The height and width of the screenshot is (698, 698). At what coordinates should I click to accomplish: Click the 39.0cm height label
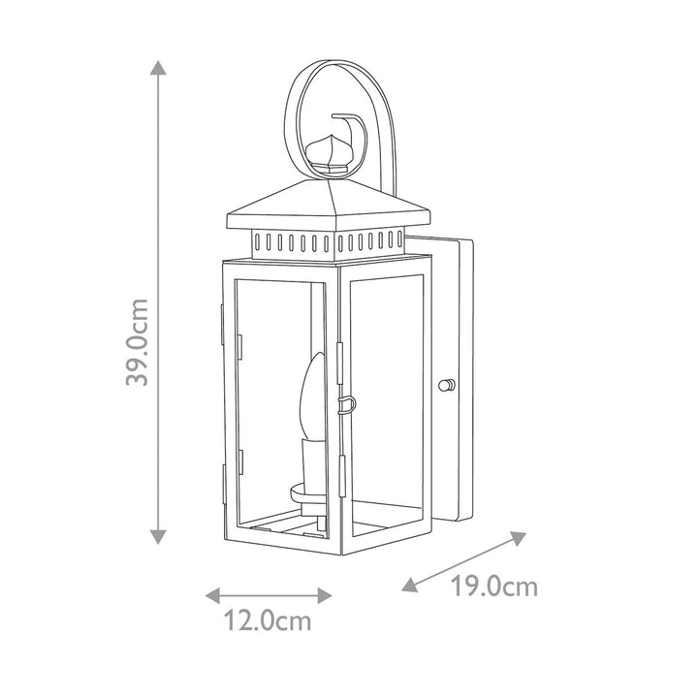click(137, 342)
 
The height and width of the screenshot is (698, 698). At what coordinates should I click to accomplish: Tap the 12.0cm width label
click(268, 620)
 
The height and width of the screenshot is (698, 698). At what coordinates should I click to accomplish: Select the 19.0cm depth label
click(494, 586)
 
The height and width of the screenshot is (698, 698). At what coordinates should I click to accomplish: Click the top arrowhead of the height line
click(158, 67)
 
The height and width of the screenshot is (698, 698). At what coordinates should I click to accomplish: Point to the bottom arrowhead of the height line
click(158, 536)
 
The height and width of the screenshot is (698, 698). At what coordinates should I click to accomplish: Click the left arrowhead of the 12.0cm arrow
click(212, 595)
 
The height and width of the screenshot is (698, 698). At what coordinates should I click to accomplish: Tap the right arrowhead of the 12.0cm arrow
click(325, 595)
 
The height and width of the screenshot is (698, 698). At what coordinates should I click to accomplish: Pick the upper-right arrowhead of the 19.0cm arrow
click(518, 538)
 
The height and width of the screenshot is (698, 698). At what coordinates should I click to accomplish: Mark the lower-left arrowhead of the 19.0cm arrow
click(410, 585)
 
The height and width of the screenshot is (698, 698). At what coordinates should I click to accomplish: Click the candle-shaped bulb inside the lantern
click(313, 397)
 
